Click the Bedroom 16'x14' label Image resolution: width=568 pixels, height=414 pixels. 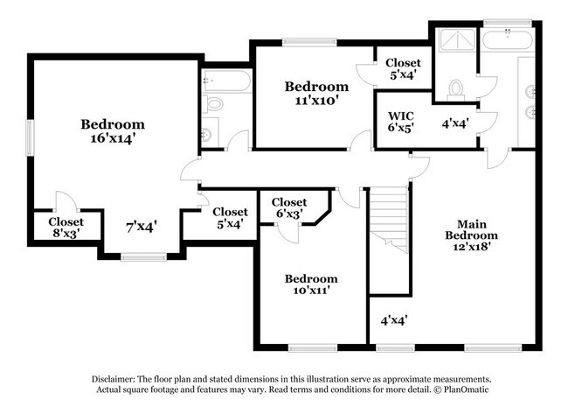click(113, 130)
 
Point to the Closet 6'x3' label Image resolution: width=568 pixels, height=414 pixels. click(289, 207)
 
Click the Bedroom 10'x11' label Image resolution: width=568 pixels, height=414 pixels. click(311, 284)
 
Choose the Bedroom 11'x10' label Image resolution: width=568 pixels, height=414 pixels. click(316, 93)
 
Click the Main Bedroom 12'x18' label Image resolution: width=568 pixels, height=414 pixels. click(471, 235)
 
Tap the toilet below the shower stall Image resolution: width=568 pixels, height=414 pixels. click(455, 88)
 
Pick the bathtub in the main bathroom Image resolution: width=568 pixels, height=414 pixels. click(509, 39)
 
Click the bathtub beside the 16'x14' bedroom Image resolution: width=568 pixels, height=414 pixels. click(225, 81)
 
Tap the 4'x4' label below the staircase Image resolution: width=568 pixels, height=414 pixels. click(395, 320)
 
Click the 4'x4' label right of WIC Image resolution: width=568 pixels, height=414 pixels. click(456, 124)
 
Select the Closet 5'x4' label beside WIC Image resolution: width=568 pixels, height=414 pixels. click(404, 68)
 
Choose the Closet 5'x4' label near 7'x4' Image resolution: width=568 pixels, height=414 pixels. click(230, 217)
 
